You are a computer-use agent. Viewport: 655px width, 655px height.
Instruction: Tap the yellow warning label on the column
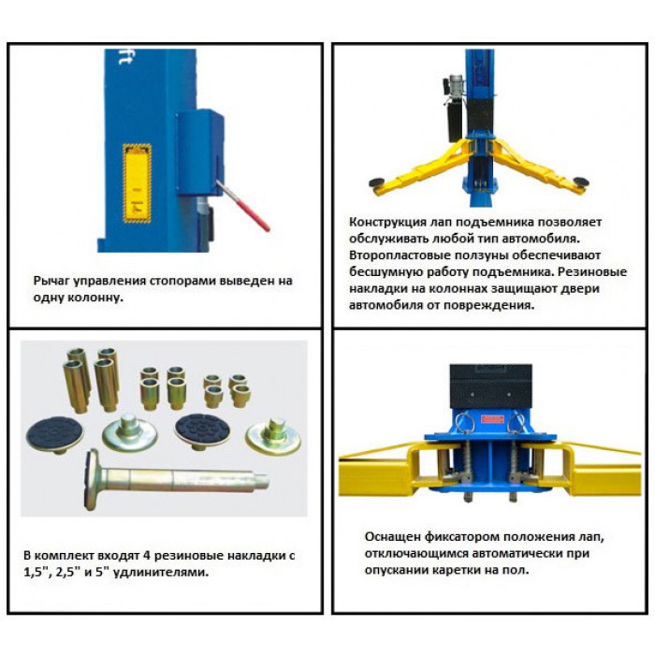(137, 183)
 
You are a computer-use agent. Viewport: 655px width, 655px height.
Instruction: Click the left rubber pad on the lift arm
(379, 182)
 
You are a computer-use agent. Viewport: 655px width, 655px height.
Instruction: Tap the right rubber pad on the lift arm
(581, 182)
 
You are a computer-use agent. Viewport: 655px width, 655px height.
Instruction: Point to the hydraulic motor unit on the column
(455, 109)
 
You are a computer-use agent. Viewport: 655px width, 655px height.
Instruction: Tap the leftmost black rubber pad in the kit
(54, 434)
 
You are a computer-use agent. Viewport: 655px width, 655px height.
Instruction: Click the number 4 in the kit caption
(146, 556)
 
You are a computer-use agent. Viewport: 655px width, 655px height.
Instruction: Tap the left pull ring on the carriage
(463, 422)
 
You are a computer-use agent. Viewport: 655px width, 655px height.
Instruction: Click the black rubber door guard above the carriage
(491, 386)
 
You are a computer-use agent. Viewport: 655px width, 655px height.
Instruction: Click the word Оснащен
(391, 537)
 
